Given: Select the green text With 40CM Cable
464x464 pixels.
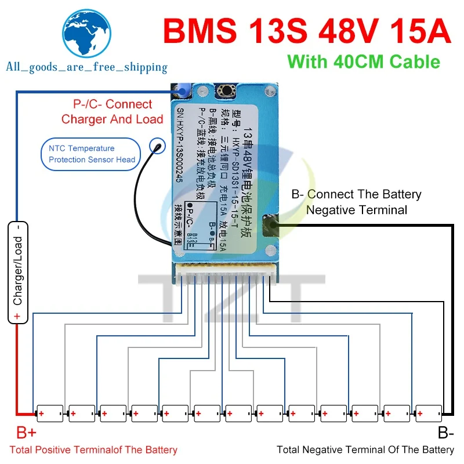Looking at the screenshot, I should [x=364, y=61].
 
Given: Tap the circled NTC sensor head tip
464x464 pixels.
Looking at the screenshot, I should [x=156, y=146].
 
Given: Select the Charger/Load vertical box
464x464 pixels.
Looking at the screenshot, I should [x=18, y=271].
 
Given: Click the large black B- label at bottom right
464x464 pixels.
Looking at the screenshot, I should [x=445, y=433].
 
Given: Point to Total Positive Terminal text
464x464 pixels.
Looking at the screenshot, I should [x=93, y=449].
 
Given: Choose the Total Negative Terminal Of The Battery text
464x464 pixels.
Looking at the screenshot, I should [x=365, y=449].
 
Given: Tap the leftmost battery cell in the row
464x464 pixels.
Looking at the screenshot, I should [x=49, y=413].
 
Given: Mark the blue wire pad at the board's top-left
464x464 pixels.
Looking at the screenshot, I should [x=182, y=92].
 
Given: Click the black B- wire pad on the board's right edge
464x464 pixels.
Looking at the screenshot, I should [x=271, y=224].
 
